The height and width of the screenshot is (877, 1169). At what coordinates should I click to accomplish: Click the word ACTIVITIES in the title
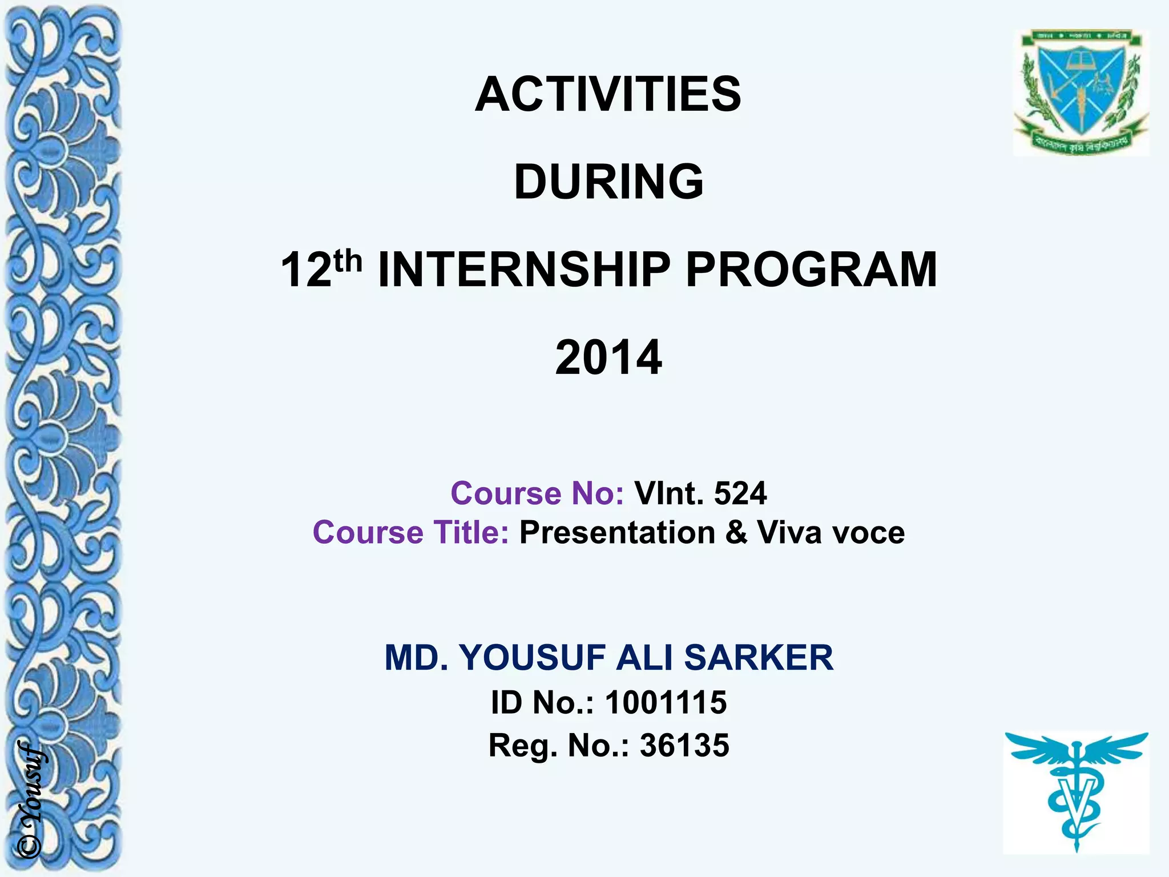click(608, 94)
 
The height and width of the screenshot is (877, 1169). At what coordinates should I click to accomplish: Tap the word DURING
click(608, 182)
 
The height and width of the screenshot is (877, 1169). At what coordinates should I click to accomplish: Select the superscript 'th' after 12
click(348, 262)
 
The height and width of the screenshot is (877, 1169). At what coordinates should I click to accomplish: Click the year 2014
click(608, 357)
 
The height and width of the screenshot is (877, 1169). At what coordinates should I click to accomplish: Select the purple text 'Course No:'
click(537, 493)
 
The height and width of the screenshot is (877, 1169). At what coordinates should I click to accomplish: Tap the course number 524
click(740, 493)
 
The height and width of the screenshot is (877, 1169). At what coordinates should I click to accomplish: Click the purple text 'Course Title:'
click(410, 532)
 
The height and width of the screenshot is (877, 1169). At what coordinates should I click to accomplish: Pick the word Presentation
click(617, 532)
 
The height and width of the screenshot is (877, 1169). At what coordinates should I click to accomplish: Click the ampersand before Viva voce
click(736, 532)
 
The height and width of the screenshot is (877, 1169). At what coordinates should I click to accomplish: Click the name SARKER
click(759, 657)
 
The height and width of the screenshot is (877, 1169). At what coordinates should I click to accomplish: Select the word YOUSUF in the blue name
click(533, 657)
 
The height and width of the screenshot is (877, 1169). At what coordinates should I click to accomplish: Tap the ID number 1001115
click(666, 702)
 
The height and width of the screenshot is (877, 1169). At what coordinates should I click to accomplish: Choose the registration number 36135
click(684, 745)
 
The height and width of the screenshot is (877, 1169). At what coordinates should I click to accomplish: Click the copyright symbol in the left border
click(30, 846)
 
